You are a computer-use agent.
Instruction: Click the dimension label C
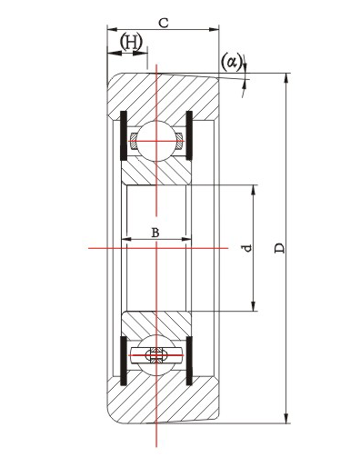[164, 23]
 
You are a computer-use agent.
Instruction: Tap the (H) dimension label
[131, 42]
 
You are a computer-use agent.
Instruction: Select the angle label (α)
[232, 62]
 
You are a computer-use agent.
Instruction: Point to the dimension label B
[155, 233]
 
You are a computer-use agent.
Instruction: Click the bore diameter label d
[248, 248]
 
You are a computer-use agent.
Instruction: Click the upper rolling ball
[156, 141]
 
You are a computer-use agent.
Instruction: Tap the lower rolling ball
[156, 354]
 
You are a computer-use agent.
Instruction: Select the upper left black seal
[124, 135]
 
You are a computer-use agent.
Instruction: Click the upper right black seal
[189, 135]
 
